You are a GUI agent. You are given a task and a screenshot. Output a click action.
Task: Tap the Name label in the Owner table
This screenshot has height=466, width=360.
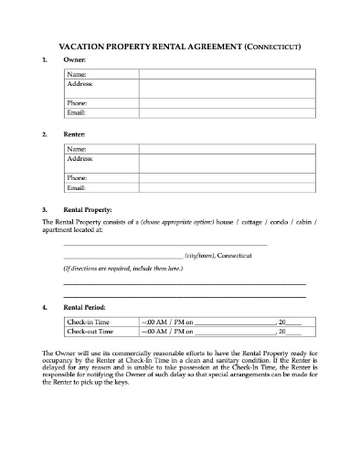[x=77, y=73]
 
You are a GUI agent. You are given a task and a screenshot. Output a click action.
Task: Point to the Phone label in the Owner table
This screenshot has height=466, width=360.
[x=78, y=103]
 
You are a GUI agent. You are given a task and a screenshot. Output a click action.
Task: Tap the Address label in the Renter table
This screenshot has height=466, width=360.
[x=80, y=157]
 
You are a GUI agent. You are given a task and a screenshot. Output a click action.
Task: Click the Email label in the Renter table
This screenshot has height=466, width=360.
[x=77, y=187]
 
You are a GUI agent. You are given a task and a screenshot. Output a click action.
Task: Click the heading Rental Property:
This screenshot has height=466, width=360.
[x=93, y=208]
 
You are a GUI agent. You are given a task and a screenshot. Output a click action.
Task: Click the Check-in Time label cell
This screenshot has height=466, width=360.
[x=87, y=323]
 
